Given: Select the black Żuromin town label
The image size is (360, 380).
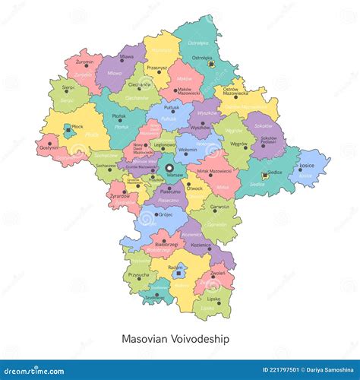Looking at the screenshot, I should (x=85, y=62).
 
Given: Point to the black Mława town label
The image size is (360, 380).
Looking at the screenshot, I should (x=128, y=56).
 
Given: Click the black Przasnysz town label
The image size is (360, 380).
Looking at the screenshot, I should (x=156, y=66).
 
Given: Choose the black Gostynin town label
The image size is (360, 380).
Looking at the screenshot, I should (x=49, y=148).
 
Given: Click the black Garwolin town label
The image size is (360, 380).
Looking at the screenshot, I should (x=219, y=206).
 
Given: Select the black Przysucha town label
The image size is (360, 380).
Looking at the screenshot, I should (x=139, y=275).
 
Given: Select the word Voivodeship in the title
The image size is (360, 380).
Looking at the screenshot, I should (x=201, y=338).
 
